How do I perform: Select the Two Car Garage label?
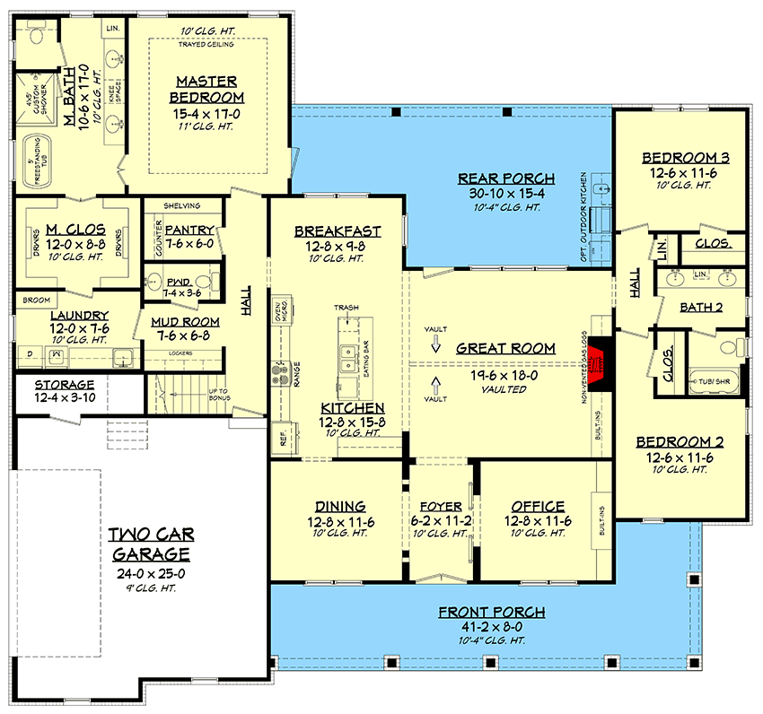pyautogui.click(x=150, y=544)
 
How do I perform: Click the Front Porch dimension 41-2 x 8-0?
pyautogui.click(x=491, y=628)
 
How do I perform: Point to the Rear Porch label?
pyautogui.click(x=506, y=178)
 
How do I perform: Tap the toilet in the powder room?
pyautogui.click(x=154, y=278)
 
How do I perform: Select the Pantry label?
pyautogui.click(x=189, y=231)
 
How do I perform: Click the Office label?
pyautogui.click(x=538, y=506)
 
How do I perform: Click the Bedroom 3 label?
pyautogui.click(x=685, y=158)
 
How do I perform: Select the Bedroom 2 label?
pyautogui.click(x=680, y=441)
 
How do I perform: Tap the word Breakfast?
pyautogui.click(x=338, y=231)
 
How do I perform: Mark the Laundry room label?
pyautogui.click(x=79, y=316)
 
